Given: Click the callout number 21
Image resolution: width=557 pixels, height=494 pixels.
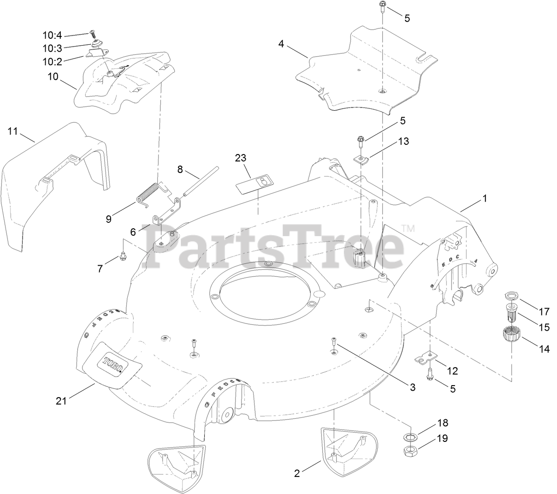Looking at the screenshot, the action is (61, 401).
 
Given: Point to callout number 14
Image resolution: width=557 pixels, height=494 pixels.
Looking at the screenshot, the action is (544, 349).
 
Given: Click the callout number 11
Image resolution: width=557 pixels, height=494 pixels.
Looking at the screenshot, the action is (12, 131).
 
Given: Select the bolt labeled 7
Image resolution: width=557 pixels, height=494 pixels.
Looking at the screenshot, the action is (123, 255).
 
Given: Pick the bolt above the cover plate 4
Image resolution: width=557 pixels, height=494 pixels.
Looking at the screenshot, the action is (382, 6).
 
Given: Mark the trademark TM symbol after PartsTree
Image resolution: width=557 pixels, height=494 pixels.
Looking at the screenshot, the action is (408, 228).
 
